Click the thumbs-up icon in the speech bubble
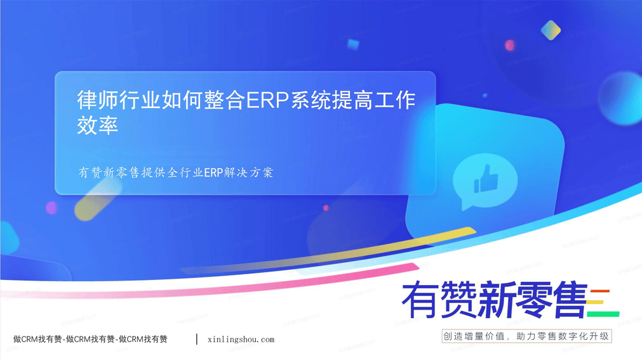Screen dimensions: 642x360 (486, 179)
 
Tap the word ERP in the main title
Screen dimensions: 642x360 (267, 100)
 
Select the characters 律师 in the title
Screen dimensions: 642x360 (97, 100)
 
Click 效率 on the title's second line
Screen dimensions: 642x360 (97, 125)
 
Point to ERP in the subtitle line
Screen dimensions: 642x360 (213, 173)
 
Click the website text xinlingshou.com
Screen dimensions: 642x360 (241, 340)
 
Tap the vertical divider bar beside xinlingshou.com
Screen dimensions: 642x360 (197, 339)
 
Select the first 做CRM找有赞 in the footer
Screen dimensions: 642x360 (37, 339)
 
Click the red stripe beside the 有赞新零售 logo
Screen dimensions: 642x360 (600, 291)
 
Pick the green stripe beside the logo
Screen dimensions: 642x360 (603, 314)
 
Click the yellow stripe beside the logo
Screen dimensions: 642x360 (595, 303)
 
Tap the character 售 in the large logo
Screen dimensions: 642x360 (569, 300)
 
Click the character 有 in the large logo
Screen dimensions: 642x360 (420, 300)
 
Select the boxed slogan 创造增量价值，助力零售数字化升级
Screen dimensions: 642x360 (526, 337)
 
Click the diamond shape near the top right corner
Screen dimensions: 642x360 (551, 30)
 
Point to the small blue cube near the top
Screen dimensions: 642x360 (353, 44)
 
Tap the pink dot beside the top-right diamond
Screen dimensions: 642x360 (510, 45)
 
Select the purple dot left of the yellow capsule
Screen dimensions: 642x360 (51, 208)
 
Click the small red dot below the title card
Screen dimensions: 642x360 (326, 208)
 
